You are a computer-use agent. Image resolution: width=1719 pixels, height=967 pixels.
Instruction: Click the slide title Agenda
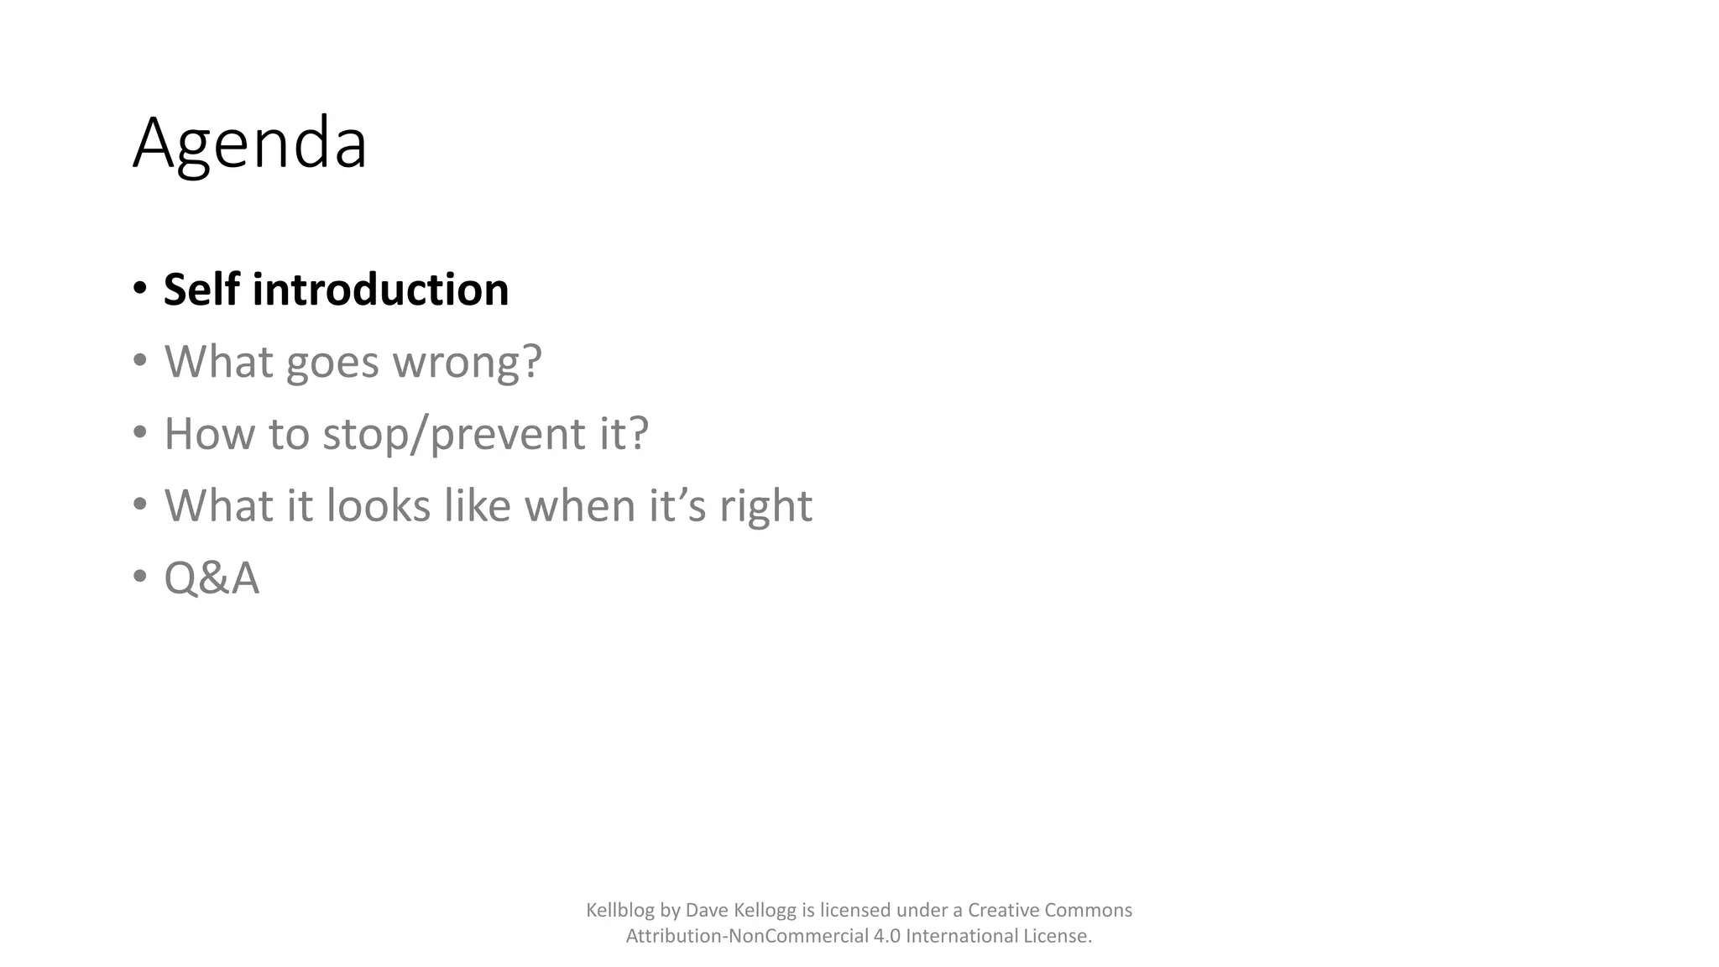click(x=249, y=144)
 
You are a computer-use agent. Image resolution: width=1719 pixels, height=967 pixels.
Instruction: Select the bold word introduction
click(x=380, y=290)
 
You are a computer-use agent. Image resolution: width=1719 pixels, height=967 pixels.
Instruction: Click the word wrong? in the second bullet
click(x=468, y=363)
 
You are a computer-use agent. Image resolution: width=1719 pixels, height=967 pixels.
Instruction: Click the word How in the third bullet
click(x=209, y=434)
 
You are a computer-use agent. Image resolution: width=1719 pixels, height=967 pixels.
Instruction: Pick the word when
click(x=580, y=506)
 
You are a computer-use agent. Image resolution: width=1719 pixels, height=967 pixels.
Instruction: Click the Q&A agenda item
click(x=212, y=578)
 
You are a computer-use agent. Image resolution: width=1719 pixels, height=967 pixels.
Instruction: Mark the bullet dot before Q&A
click(x=140, y=578)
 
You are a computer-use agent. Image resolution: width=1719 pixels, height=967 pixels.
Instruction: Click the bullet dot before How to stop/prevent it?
click(x=140, y=433)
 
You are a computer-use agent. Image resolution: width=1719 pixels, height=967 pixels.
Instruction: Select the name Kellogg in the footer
click(x=765, y=911)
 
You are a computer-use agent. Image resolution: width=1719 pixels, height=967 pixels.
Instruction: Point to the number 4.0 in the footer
click(x=886, y=936)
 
